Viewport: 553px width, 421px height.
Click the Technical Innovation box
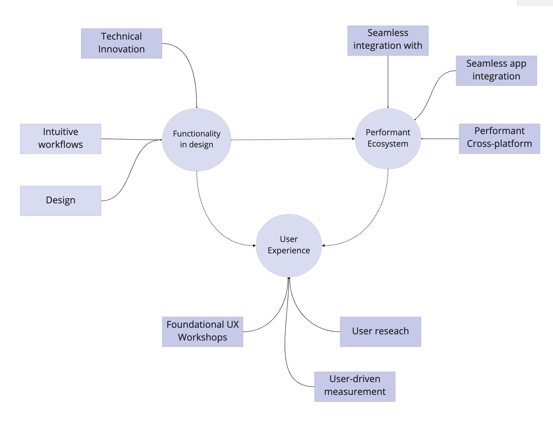[121, 43]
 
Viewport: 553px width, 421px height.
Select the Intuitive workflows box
[61, 139]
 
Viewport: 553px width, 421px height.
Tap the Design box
[61, 201]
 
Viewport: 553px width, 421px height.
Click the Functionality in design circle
[197, 140]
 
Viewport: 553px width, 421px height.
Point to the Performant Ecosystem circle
[388, 138]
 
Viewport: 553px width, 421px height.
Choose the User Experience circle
[289, 245]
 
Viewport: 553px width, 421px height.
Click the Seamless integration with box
[388, 40]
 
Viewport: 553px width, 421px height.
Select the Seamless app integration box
[496, 71]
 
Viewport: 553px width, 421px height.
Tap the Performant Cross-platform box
[499, 138]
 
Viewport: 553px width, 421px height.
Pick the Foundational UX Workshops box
[202, 332]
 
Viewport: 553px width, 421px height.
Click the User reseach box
[380, 332]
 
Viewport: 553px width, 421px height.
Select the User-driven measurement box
[355, 386]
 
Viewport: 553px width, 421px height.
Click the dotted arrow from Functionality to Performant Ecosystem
[293, 139]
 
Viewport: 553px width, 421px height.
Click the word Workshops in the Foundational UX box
[202, 337]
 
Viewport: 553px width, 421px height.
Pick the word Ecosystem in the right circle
[388, 144]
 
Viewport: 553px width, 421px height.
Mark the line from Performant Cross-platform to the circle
[440, 139]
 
